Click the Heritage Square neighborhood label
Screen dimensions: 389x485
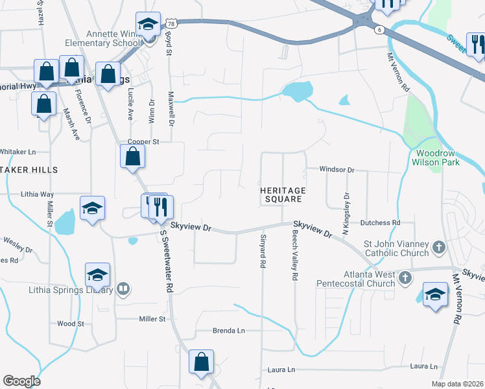tap(282, 194)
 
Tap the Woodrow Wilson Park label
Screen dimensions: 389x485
tap(436, 158)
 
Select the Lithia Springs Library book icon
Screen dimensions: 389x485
tap(123, 289)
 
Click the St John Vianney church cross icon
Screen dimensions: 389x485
tap(439, 247)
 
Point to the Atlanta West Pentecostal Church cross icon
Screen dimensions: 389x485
tap(405, 278)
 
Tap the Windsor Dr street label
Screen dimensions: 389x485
tap(337, 170)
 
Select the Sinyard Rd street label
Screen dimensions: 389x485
tap(263, 251)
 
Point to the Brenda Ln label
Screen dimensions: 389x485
tap(229, 331)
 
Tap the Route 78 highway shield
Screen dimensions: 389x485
tap(171, 22)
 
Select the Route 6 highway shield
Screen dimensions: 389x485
tap(379, 29)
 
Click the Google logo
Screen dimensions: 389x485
tap(21, 381)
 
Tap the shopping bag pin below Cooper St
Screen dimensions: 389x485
tap(132, 157)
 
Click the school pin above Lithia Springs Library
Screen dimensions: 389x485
tap(97, 275)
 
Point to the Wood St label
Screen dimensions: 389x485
tap(71, 324)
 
